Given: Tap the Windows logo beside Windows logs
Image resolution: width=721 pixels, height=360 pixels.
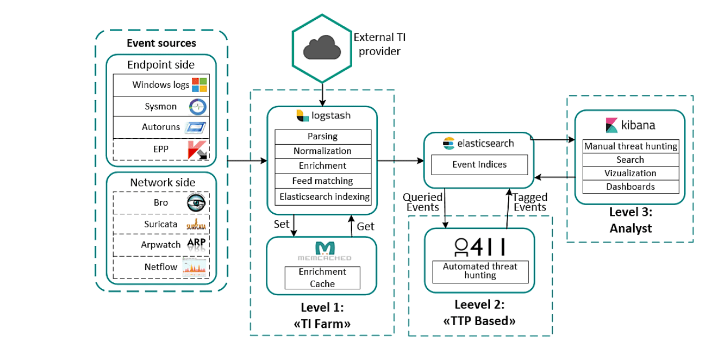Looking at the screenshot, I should click(x=199, y=85).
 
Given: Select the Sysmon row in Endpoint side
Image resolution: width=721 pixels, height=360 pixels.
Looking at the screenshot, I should click(x=161, y=107).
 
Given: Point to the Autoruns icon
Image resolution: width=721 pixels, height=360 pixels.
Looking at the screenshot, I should click(x=197, y=128).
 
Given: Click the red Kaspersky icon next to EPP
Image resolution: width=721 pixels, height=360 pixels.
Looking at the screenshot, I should click(x=198, y=150).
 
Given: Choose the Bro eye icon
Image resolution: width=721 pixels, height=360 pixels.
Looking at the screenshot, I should click(x=196, y=202).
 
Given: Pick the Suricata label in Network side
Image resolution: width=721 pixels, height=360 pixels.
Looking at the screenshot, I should click(x=161, y=224).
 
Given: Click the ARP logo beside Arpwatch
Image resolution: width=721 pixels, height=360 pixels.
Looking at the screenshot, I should click(x=196, y=244).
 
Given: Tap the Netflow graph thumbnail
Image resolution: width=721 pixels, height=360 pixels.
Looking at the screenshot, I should click(x=194, y=267).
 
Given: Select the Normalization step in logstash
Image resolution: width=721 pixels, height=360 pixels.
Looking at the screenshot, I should click(x=323, y=151).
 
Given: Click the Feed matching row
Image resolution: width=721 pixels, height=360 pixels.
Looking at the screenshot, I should click(x=323, y=181).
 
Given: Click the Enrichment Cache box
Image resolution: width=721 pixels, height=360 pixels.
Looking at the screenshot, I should click(x=322, y=277).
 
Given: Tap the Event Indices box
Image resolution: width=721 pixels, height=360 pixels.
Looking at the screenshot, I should click(x=479, y=164).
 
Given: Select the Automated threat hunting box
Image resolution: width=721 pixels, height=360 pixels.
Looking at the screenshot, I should click(x=480, y=271).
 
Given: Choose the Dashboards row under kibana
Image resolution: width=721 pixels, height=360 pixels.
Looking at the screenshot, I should click(x=630, y=187).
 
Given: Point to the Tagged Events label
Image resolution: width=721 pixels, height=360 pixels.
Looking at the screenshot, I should click(x=529, y=202).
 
